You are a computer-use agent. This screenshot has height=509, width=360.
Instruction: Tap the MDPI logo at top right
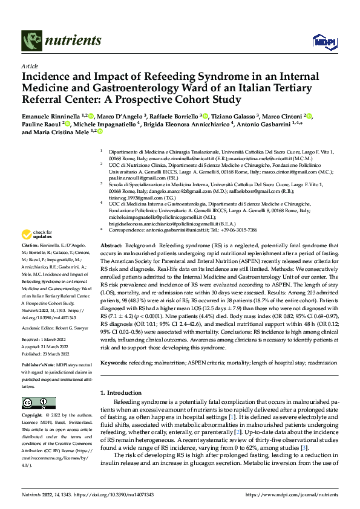(321, 41)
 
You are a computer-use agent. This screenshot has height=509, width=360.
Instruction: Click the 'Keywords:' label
(115, 363)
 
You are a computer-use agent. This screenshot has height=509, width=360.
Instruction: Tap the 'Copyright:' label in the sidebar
(33, 416)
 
